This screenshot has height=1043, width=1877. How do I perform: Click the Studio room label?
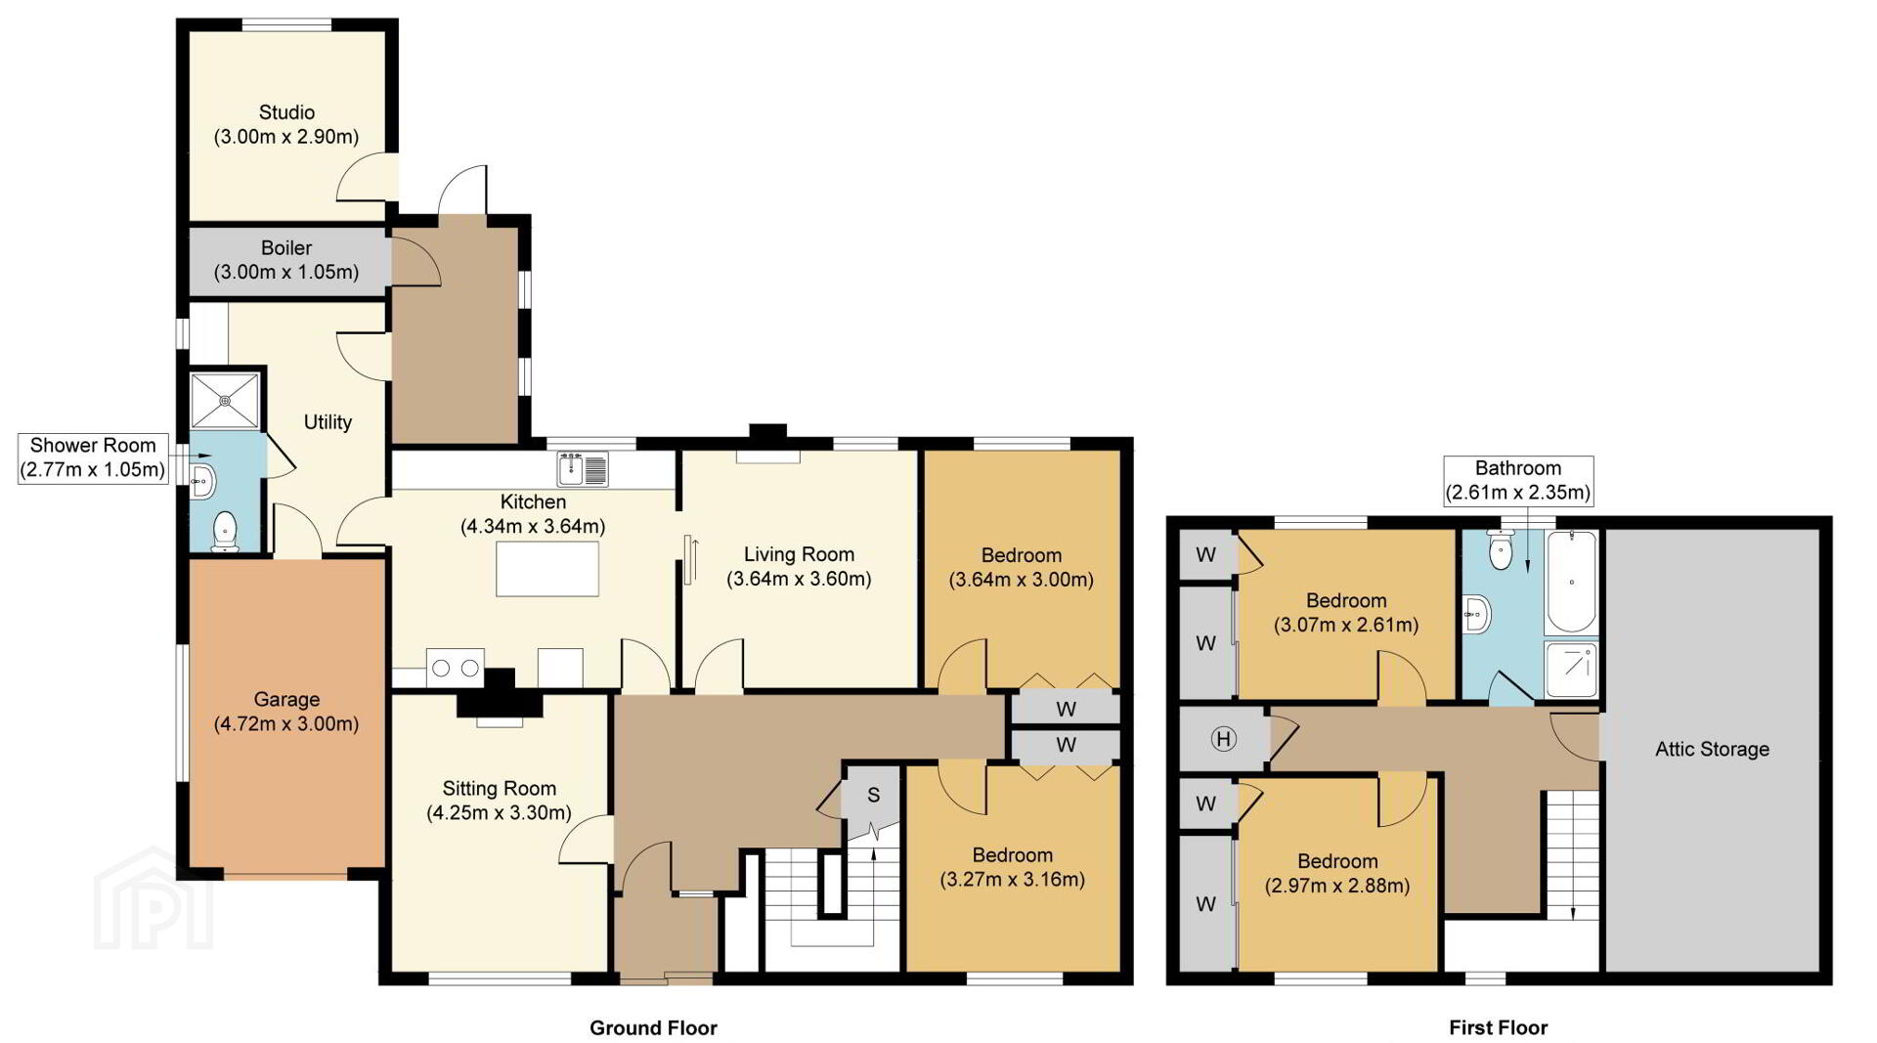286,124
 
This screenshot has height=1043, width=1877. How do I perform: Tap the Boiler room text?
286,260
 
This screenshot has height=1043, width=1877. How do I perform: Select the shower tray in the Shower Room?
226,400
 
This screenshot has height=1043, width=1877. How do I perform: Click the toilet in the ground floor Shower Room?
225,531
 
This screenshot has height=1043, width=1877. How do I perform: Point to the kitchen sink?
583,468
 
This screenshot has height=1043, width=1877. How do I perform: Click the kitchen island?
547,569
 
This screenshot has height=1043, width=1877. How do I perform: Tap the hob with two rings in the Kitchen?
456,669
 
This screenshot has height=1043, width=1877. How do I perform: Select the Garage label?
286,712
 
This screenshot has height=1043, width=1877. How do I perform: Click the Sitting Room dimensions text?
499,812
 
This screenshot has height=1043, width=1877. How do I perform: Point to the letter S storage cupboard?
873,796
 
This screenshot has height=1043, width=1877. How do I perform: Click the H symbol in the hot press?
1223,739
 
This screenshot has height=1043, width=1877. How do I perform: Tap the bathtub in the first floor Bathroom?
1571,582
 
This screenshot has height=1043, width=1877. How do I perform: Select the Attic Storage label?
1712,750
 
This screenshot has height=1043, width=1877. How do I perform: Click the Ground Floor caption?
653,1027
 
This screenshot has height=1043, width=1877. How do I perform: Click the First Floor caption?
1498,1027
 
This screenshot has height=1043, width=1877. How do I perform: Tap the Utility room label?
327,422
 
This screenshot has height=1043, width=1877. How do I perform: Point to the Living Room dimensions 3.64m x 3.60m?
799,579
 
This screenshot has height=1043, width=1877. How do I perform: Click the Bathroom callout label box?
1518,480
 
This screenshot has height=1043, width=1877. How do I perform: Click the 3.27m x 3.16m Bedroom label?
1013,867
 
